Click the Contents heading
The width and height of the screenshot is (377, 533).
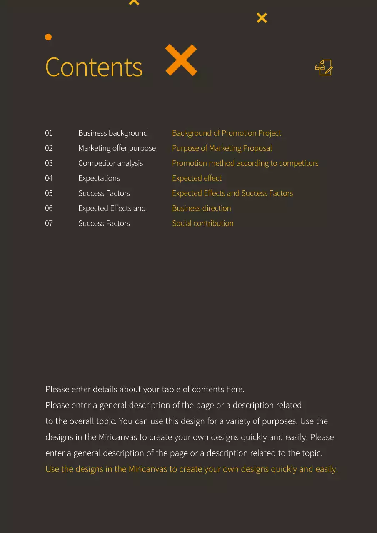[x=94, y=67]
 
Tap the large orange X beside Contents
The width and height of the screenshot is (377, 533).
[x=181, y=60]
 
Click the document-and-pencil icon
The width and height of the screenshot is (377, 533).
[x=324, y=67]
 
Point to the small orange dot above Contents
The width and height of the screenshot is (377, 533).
[x=48, y=37]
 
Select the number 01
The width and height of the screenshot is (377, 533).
[x=49, y=133]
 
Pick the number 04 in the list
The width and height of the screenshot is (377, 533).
[x=49, y=178]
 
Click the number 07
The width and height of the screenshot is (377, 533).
[x=49, y=223]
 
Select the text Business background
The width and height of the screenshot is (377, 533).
[x=113, y=133]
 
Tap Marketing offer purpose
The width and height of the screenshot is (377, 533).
[x=117, y=148]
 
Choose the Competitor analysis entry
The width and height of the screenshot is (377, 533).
[x=110, y=163]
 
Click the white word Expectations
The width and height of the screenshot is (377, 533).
[x=99, y=178]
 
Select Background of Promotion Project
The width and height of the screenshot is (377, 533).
[x=227, y=133]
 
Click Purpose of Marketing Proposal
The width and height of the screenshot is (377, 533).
[x=222, y=148]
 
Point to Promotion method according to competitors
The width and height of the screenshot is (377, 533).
[x=245, y=163]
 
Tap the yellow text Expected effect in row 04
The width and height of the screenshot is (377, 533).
[x=197, y=178]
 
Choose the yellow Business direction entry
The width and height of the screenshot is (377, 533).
[x=202, y=208]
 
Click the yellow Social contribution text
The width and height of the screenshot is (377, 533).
[x=203, y=223]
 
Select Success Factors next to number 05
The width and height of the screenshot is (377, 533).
[x=104, y=193]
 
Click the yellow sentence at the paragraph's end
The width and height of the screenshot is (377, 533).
[x=192, y=469]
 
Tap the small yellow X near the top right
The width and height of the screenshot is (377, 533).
[x=262, y=18]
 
